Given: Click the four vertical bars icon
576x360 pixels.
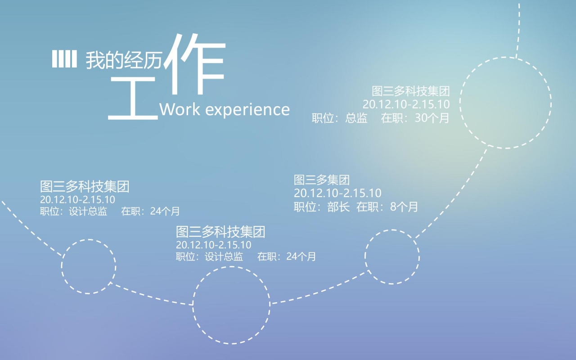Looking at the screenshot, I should coord(64,59).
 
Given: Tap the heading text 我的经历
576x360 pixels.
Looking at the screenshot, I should coord(123,60).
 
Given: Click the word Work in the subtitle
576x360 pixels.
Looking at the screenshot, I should coord(179,109).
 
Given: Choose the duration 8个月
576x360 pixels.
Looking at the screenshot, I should coord(404,207).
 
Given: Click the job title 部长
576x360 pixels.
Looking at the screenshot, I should coord(338,207).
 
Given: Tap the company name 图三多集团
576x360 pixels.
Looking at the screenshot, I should coord(322,180).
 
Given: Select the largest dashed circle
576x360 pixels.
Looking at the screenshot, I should coord(505,103).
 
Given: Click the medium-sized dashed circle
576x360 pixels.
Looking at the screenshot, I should coord(231,305).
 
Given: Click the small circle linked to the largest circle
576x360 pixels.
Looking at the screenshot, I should coord(392,257).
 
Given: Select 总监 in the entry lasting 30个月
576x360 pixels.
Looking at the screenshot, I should coord(356,118).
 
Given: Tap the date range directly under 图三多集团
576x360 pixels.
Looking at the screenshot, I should coord(337,193).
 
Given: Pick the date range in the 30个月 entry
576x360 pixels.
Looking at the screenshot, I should coord(406,104).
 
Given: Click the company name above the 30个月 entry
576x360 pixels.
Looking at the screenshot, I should coord(410,91).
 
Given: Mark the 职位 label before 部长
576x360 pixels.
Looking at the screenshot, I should coord(308,207).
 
